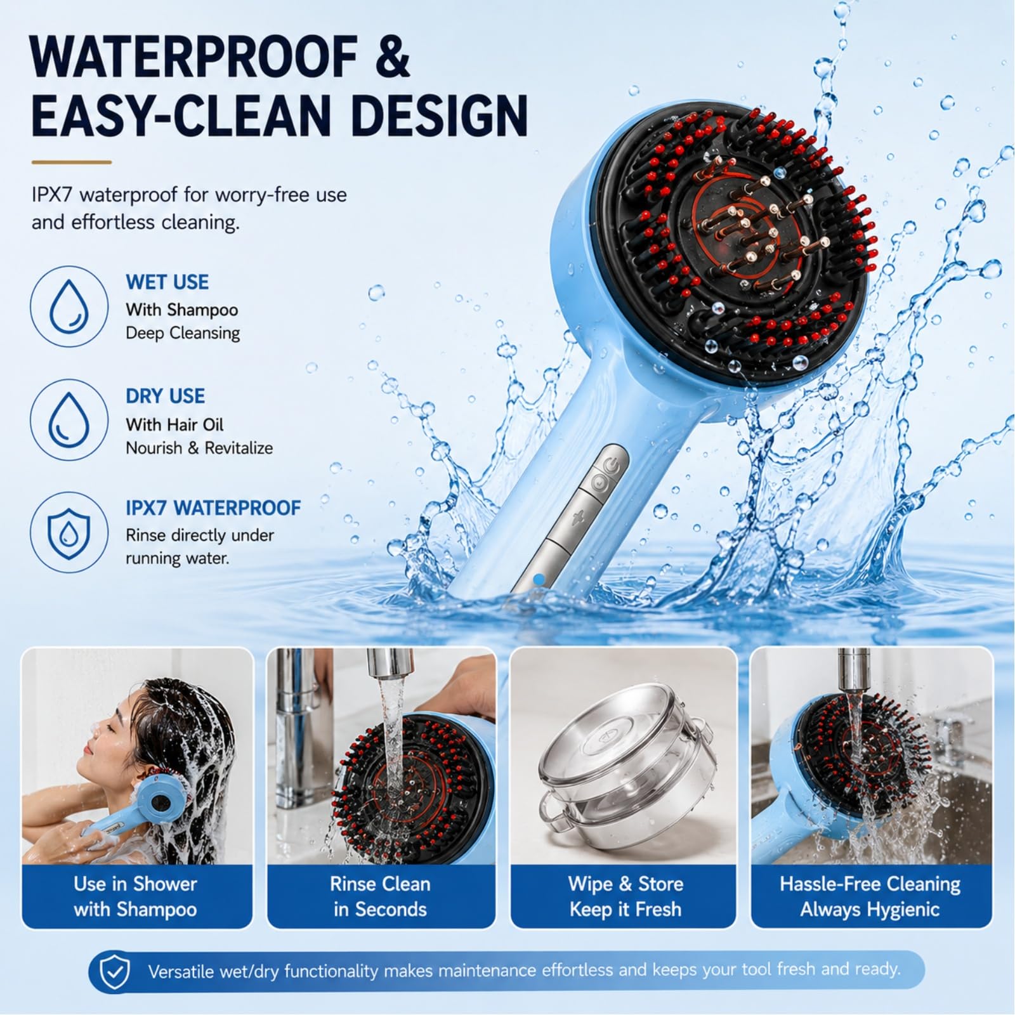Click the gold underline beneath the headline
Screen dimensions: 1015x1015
(71, 162)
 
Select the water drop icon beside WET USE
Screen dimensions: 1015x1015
(69, 306)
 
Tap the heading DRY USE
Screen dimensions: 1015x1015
(165, 396)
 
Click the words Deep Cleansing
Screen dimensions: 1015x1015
(183, 333)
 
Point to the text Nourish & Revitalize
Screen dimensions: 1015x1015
(199, 448)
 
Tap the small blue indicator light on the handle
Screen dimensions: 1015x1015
(539, 579)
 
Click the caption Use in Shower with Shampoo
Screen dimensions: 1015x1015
(135, 896)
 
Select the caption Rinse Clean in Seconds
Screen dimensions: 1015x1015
(380, 896)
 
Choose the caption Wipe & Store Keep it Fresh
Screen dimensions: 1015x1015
(625, 896)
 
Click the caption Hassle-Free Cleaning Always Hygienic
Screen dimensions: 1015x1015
(870, 896)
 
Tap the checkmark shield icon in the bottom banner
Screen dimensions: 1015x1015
(115, 971)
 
